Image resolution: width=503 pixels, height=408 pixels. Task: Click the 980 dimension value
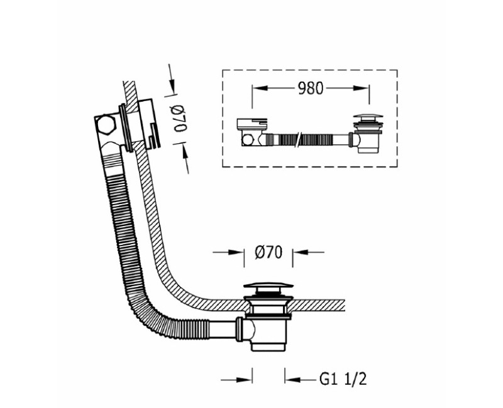click(311, 89)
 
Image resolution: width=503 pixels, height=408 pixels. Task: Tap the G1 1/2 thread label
click(343, 380)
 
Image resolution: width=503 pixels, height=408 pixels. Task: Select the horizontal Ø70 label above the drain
click(268, 252)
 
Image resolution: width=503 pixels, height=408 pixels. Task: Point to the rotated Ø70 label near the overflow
click(180, 119)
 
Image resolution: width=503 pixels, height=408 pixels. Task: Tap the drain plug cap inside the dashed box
click(368, 117)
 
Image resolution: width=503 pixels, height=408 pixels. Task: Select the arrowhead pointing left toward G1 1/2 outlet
click(292, 380)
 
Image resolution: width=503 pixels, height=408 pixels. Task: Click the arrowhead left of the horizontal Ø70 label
click(236, 252)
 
